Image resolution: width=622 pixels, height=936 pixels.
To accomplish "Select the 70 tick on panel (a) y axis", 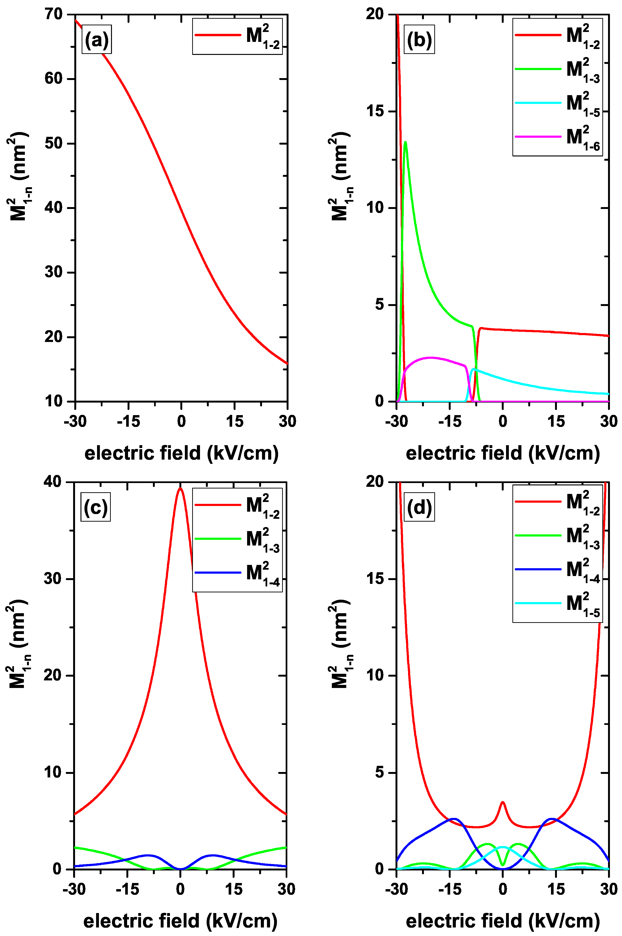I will (53, 15).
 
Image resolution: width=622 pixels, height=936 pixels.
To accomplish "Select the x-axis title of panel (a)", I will (181, 453).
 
